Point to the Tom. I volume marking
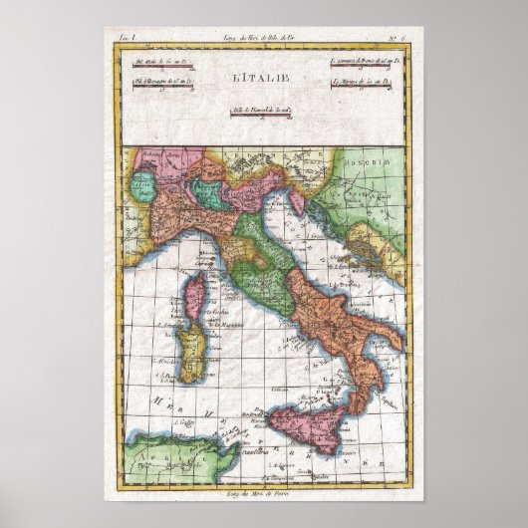tap(128, 37)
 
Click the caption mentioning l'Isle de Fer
tap(264, 37)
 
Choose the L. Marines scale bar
tap(363, 94)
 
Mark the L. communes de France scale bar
tap(363, 63)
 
